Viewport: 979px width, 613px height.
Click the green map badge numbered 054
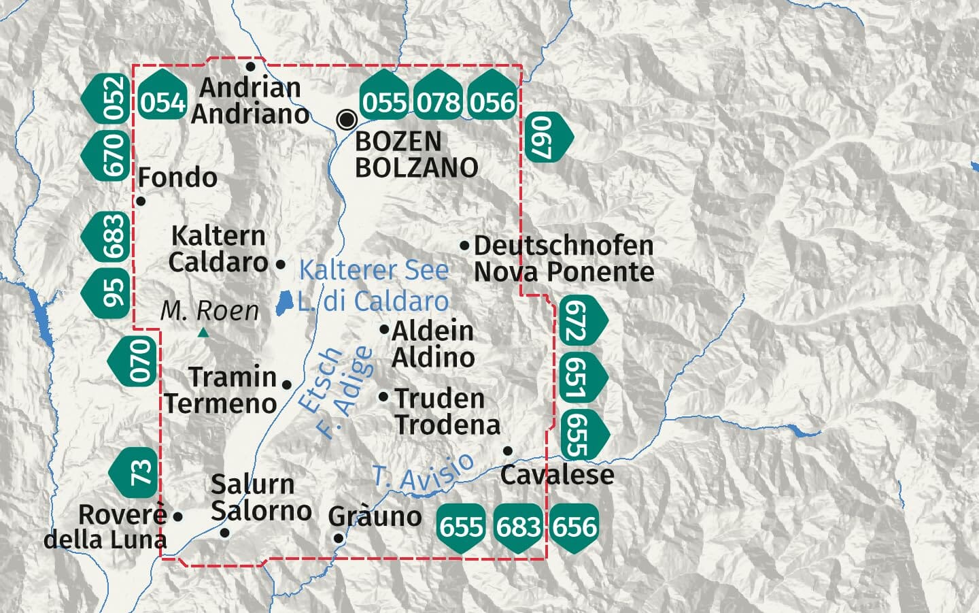coord(162,102)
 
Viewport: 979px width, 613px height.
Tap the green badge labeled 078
coord(439,102)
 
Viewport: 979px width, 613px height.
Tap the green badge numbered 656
coord(575,527)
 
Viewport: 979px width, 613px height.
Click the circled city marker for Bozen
coord(347,120)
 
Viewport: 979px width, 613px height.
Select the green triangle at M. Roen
coord(203,333)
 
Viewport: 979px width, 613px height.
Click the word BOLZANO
coord(416,167)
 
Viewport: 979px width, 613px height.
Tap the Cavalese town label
coord(557,474)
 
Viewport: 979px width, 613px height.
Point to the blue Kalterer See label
coord(374,270)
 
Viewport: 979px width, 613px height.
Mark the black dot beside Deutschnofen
coord(464,245)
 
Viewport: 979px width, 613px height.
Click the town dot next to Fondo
coord(141,201)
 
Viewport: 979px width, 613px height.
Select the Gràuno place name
coord(375,516)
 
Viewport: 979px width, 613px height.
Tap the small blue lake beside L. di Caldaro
coord(285,303)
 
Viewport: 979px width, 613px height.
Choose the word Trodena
coord(447,425)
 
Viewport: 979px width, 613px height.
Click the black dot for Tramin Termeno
coord(286,385)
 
